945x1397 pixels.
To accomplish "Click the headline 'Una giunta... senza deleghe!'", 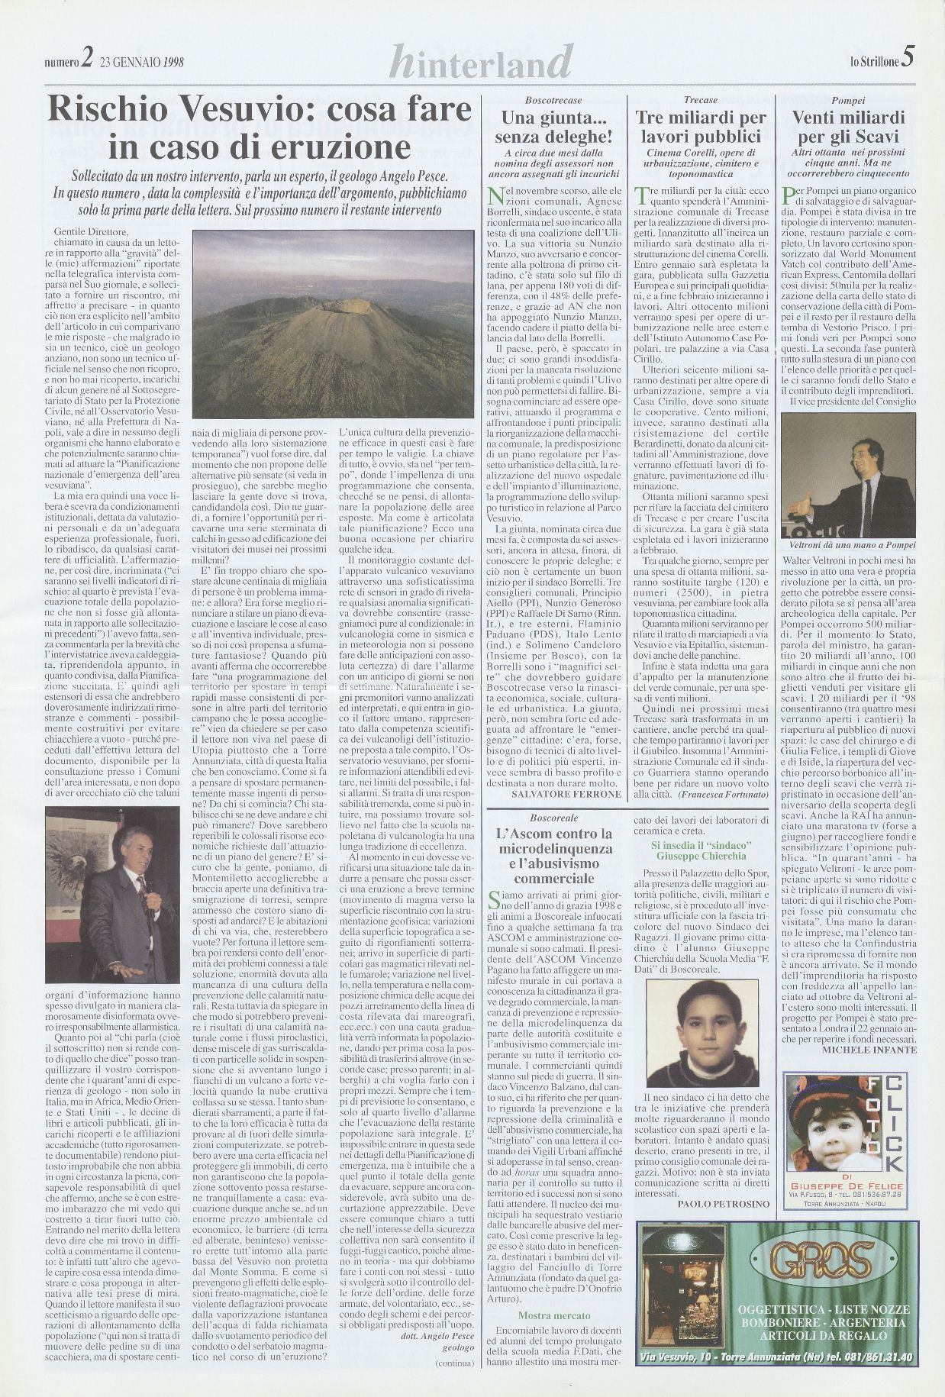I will coord(553,127).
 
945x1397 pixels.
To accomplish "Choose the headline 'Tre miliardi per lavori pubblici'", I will coord(700,127).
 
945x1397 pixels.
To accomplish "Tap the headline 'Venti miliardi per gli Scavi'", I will coord(847,127).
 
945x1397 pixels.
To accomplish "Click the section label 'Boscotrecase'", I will coord(553,101).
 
